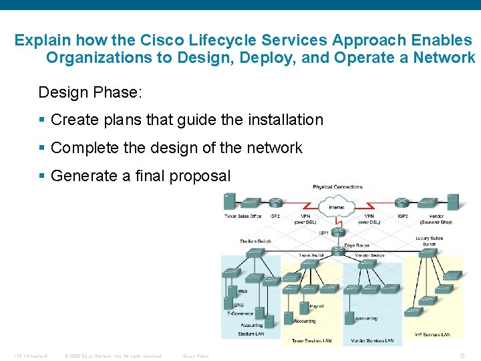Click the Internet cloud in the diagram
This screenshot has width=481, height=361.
point(337,205)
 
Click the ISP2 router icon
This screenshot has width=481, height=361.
point(275,203)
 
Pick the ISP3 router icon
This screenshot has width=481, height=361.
point(403,203)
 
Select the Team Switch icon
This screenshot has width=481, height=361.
point(310,263)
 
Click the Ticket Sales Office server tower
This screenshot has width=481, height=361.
point(229,201)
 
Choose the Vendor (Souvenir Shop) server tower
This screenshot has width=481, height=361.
point(452,201)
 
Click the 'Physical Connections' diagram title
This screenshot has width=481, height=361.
point(337,187)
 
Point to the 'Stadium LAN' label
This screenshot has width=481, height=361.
point(251,334)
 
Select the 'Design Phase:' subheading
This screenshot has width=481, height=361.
point(90,92)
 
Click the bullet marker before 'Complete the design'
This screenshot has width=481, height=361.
point(42,148)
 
